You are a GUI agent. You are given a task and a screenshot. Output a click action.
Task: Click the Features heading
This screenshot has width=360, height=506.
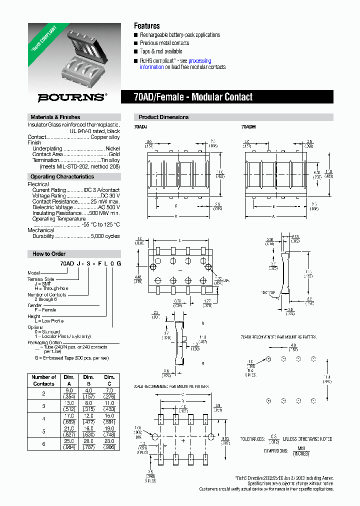(147, 25)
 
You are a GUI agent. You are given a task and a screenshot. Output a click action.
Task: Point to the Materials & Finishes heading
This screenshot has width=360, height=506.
(55, 117)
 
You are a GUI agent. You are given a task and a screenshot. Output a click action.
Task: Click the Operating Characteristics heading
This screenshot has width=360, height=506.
(62, 176)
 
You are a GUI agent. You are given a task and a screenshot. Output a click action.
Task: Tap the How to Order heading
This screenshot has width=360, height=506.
(49, 253)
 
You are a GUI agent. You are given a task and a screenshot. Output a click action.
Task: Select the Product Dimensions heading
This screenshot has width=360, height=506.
(163, 117)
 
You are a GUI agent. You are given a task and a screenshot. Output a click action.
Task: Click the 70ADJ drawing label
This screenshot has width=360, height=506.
(140, 127)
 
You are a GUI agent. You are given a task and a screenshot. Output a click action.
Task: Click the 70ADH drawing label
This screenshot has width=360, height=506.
(248, 127)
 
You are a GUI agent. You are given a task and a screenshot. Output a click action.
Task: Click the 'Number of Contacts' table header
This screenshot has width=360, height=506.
(43, 380)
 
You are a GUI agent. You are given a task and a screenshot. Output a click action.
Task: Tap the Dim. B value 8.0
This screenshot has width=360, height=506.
(88, 403)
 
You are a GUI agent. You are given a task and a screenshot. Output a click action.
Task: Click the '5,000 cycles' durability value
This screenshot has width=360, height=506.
(105, 236)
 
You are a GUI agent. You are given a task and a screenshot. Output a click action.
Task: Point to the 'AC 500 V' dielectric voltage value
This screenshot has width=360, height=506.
(108, 207)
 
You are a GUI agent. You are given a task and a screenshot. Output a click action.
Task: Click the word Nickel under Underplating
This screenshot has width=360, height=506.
(112, 148)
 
